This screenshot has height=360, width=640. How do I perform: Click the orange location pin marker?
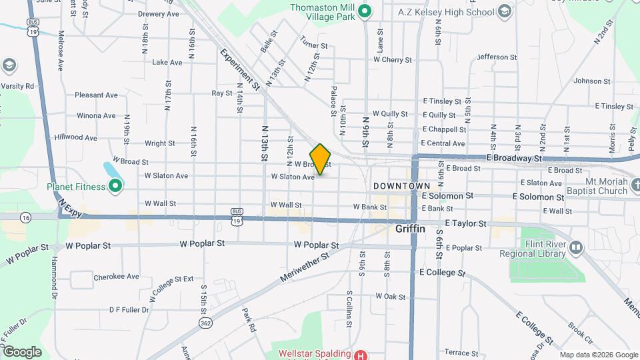click(321, 159)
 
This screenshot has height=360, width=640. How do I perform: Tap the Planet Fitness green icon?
click(115, 186)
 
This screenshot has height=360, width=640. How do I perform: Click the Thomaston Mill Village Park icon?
click(364, 11)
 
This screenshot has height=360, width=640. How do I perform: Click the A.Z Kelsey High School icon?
click(505, 12)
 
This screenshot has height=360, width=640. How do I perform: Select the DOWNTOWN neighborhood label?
click(401, 185)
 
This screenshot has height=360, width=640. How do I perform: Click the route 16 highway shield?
click(25, 217)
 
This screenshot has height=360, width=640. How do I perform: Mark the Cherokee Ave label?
click(116, 276)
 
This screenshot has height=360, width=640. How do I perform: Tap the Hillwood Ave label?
click(76, 138)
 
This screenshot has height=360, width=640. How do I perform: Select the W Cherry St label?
click(393, 59)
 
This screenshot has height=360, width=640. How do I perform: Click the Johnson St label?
click(587, 81)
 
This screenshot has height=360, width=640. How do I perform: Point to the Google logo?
click(22, 352)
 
